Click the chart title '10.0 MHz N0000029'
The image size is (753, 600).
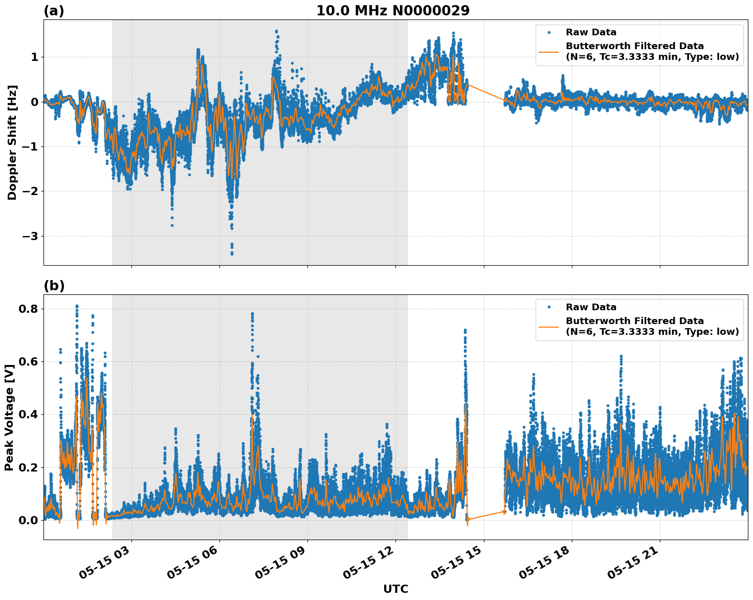[392, 11]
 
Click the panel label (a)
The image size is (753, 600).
[54, 11]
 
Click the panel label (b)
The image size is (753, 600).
[54, 286]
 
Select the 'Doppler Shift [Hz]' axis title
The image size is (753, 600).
[12, 142]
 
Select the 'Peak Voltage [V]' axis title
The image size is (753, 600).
[9, 417]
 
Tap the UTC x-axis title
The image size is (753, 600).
[395, 589]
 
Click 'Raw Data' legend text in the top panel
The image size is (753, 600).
[591, 33]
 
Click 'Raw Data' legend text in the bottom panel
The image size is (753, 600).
[591, 307]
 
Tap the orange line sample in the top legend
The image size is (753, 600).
[549, 51]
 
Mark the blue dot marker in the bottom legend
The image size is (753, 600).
[549, 307]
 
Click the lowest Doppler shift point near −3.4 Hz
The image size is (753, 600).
[232, 253]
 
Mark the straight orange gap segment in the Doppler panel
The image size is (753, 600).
[486, 93]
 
